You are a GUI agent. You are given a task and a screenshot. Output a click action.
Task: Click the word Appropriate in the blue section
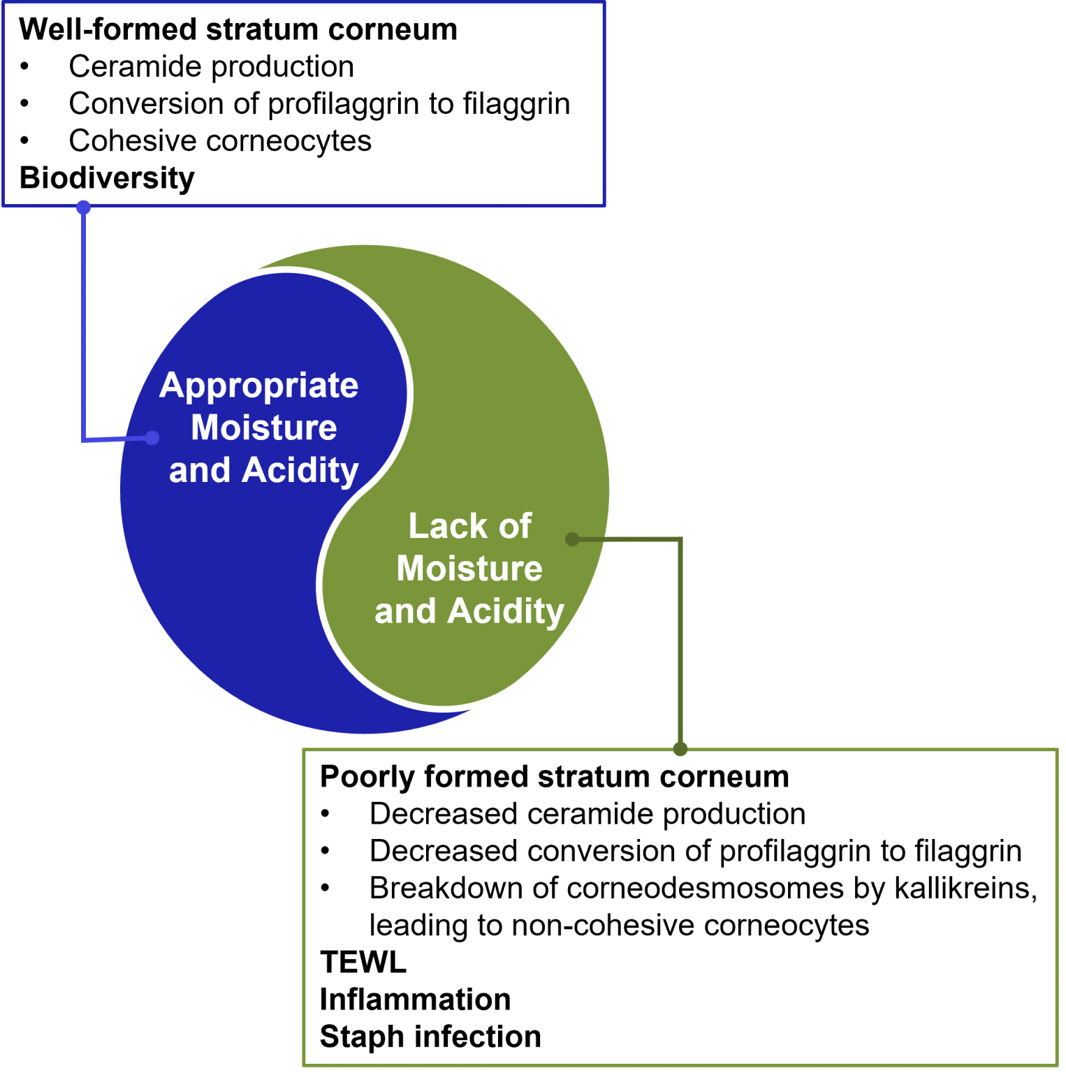coord(258,386)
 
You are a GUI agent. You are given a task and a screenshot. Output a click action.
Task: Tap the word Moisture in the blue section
coord(263,428)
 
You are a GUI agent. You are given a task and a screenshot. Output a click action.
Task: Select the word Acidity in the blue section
coord(300,471)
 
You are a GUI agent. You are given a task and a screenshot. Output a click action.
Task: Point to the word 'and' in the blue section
coord(200,471)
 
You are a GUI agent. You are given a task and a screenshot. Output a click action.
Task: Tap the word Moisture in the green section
coord(469,569)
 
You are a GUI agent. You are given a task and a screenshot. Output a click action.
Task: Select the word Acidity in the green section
coord(506,612)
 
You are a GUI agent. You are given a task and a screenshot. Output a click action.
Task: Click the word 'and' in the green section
coord(405,612)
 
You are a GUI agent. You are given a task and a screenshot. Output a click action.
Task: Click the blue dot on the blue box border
coord(84,207)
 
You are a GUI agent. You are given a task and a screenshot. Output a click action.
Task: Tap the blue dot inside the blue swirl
coord(152,438)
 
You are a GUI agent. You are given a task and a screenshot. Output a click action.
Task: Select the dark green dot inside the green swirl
coord(572,539)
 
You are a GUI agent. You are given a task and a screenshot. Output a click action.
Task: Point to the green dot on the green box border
coord(680,750)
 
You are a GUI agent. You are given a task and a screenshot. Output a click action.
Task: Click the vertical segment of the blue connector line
coord(84,321)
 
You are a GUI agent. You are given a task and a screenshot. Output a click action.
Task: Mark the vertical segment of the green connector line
coord(680,643)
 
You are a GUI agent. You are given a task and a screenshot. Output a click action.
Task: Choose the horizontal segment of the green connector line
coord(629,539)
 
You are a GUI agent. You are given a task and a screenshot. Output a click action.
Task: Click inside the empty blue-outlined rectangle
coord(304,105)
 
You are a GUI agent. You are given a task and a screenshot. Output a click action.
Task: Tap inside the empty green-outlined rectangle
coord(680,908)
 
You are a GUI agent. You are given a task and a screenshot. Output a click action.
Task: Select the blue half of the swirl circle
coord(224,594)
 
